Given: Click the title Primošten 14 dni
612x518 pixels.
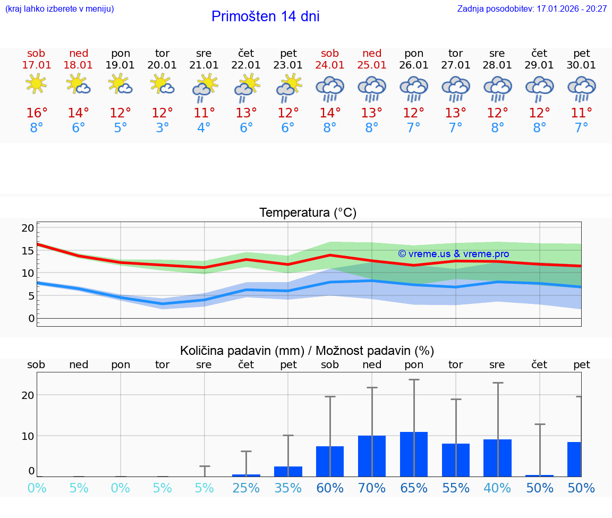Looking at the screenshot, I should tap(265, 16).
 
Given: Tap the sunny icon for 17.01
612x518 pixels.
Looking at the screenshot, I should tap(36, 84).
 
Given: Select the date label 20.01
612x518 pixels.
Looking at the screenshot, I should tap(162, 65).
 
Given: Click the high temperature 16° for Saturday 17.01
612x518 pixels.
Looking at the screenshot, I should tap(37, 113).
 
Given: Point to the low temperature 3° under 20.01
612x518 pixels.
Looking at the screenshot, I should tap(162, 128).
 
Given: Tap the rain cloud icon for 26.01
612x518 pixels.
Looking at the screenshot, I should tap(414, 88).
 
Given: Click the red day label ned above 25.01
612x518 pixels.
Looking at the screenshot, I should tap(372, 54).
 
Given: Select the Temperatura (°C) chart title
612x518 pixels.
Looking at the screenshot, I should tap(308, 213).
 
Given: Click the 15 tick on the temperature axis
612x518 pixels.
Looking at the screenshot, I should tap(28, 251).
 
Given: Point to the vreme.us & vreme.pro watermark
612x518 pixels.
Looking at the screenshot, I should tap(453, 254).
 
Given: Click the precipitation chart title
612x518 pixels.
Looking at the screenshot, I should tap(307, 351).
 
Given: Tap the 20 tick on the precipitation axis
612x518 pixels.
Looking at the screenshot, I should tap(28, 395).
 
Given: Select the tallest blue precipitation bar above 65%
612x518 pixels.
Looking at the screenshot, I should tap(414, 454).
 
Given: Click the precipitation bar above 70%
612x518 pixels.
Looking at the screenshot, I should tap(372, 456).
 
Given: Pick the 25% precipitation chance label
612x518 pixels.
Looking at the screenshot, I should tap(246, 488).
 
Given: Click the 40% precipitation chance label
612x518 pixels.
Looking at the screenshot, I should tap(497, 488).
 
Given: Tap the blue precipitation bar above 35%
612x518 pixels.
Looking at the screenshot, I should tap(288, 471).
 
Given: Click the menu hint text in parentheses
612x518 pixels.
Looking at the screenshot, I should tap(59, 9).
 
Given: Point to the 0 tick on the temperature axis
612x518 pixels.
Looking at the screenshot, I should tap(31, 319).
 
